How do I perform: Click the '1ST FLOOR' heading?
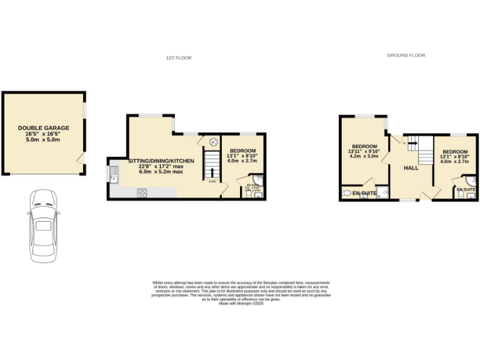179,57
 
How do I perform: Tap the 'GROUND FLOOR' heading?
406,55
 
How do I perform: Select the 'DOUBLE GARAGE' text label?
44,127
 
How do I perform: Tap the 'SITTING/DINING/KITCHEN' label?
161,161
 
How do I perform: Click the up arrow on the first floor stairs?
213,172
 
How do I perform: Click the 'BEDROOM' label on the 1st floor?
242,151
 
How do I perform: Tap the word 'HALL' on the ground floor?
411,169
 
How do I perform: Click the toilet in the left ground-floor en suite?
347,194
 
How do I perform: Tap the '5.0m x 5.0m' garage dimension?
44,139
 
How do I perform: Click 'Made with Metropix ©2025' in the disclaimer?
241,304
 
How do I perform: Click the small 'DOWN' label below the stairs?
213,182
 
